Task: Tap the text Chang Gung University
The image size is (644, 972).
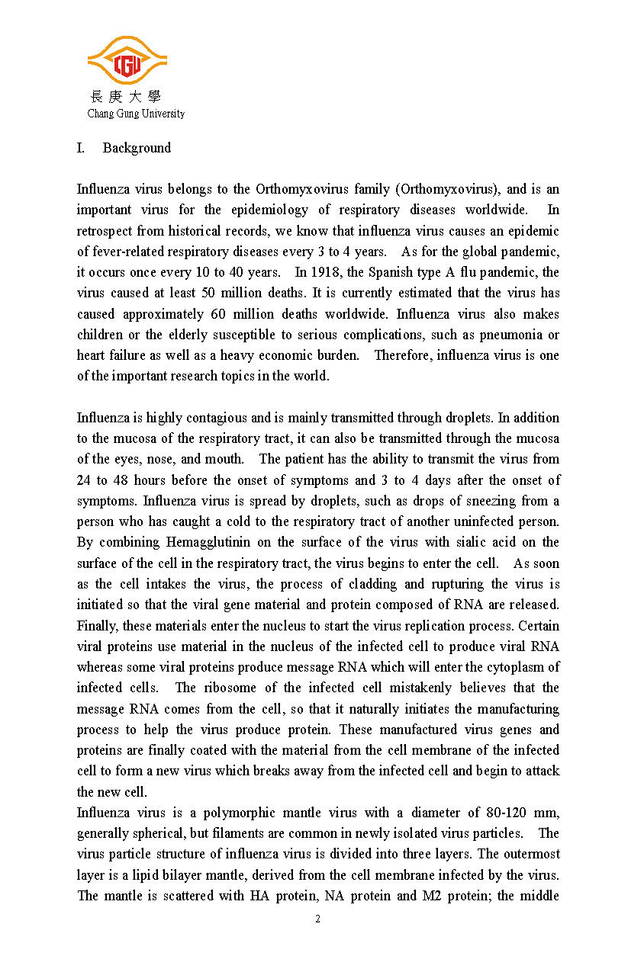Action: point(136,114)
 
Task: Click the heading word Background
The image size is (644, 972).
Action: point(137,148)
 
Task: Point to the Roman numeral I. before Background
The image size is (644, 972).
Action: point(80,148)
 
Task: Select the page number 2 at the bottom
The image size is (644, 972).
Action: point(318,919)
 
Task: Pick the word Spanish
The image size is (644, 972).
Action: point(379,272)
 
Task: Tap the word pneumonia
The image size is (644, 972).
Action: point(520,335)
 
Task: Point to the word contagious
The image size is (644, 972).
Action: point(216,418)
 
